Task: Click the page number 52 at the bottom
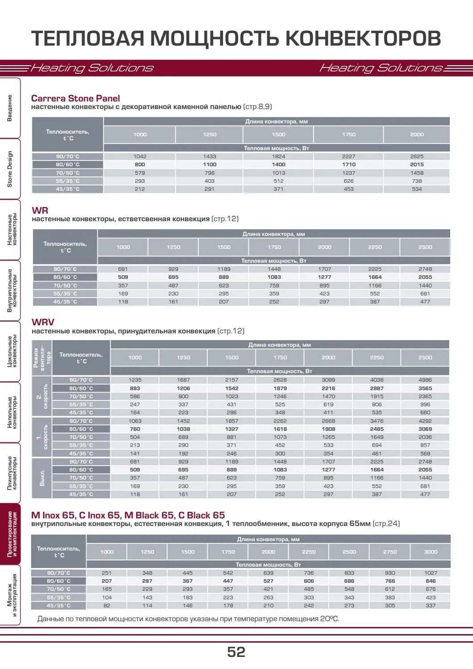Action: pos(236,652)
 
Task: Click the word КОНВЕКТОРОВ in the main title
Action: pos(363,38)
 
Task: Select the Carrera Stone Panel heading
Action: pos(75,98)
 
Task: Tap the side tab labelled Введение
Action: pos(10,108)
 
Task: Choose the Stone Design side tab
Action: pos(10,169)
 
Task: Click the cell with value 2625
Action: pos(417,156)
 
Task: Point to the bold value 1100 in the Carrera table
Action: pos(209,164)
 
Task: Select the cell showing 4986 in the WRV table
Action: pos(425,380)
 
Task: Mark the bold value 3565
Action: pos(425,388)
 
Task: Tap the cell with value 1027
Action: pos(430,573)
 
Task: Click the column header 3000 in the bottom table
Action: pos(430,552)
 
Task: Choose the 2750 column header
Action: pos(389,552)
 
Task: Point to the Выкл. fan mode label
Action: pos(42,478)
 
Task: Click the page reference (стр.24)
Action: pos(386,524)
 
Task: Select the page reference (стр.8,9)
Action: pos(258,107)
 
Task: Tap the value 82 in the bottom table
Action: pos(107,606)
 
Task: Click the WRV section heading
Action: pos(43,322)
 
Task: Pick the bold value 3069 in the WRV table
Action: pos(425,429)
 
